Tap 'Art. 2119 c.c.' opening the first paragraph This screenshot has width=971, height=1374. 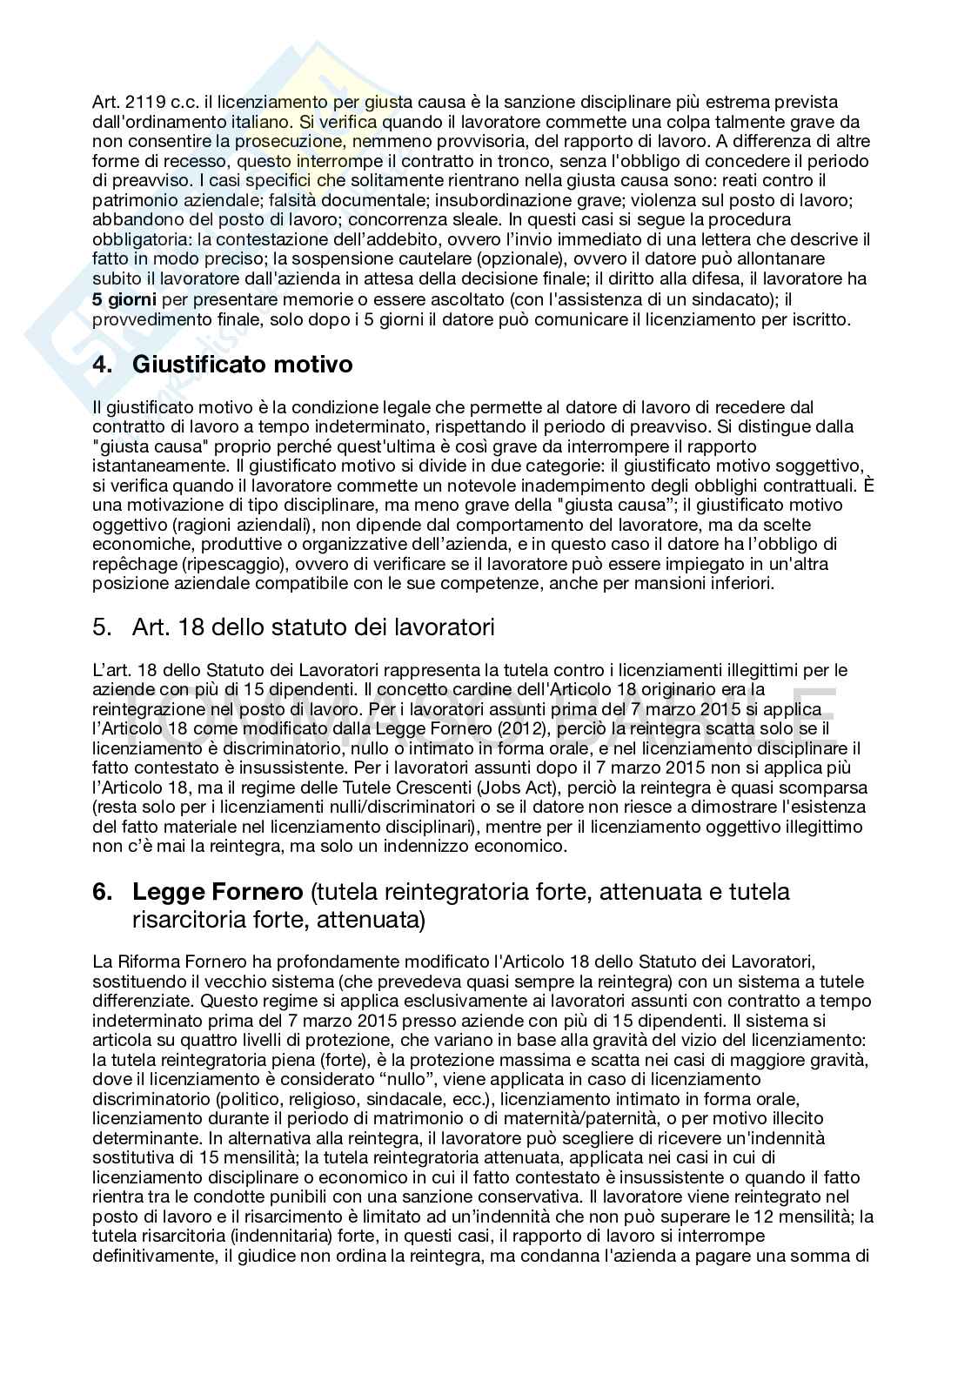point(133,103)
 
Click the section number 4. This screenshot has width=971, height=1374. point(103,364)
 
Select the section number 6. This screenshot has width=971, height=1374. point(103,892)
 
